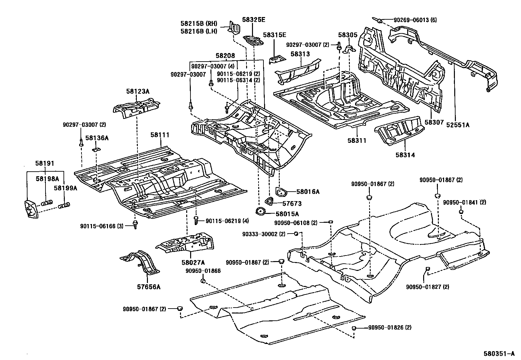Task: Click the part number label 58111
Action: pos(161,135)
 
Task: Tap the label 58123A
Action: pos(138,91)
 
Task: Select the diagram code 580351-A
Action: pos(500,354)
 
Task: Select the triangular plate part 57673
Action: pos(269,201)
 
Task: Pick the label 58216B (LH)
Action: pos(199,31)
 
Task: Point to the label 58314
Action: pos(405,155)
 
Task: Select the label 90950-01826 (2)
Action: pos(390,327)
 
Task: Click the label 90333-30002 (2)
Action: pos(263,234)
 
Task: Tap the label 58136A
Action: pos(97,138)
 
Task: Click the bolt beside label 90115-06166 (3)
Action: pos(135,224)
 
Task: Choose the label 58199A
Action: pos(65,188)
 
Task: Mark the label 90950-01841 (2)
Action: pos(464,202)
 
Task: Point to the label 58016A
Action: pos(308,192)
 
